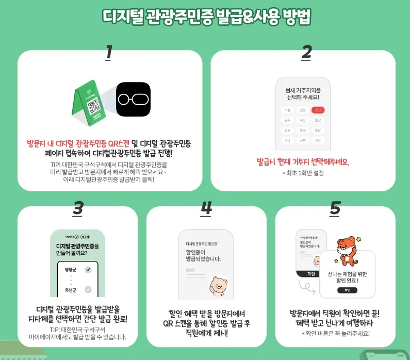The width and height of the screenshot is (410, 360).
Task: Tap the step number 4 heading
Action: (206, 208)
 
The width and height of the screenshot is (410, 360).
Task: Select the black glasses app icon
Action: (133, 99)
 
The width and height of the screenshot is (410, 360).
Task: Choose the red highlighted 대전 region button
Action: (318, 110)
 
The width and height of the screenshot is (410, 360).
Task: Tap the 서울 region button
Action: (287, 110)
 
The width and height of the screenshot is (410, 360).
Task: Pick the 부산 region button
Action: (302, 120)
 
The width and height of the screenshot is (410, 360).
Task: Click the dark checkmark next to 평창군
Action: (88, 270)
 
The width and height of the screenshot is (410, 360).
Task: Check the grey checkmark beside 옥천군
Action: (88, 290)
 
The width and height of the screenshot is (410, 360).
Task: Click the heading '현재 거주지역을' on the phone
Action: (303, 90)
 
